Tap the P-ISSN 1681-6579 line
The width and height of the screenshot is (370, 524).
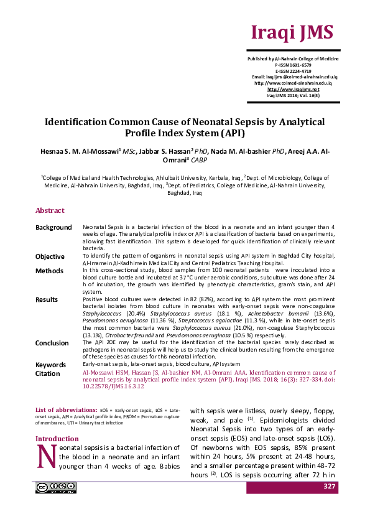click(x=293, y=65)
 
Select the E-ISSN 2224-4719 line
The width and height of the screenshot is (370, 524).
click(x=293, y=71)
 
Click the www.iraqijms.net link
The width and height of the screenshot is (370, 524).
click(x=293, y=90)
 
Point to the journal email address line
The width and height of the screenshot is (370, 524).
click(x=293, y=77)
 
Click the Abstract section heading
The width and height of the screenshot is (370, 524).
click(x=50, y=210)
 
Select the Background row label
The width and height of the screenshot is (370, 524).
click(x=53, y=227)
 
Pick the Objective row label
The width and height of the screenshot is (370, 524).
click(x=50, y=256)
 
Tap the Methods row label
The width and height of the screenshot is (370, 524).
click(x=49, y=271)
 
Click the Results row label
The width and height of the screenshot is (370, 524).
click(x=47, y=300)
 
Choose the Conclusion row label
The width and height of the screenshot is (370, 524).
click(x=52, y=343)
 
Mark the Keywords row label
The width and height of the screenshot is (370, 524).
click(x=50, y=365)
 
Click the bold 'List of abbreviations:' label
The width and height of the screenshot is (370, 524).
click(x=67, y=411)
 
